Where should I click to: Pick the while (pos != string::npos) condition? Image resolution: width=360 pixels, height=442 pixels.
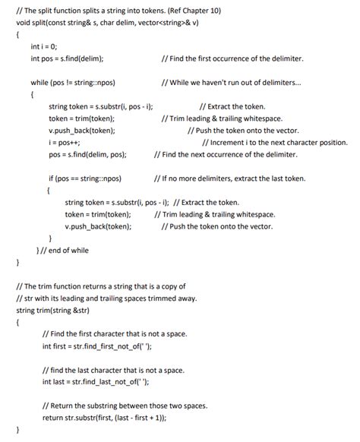tap(72, 82)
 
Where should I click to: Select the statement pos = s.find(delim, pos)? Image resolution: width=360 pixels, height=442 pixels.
tap(87, 154)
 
